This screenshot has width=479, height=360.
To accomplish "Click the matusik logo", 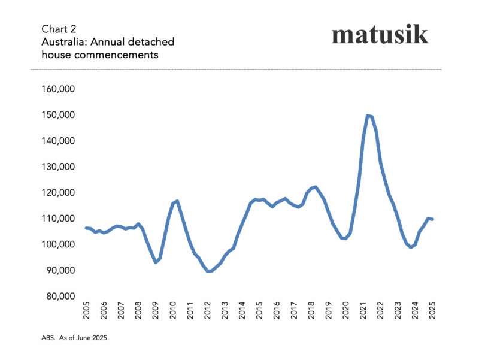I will pos(380,34).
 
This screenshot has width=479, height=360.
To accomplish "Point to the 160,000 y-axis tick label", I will pos(62,89).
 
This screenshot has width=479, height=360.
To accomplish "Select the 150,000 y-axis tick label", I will pos(62,115).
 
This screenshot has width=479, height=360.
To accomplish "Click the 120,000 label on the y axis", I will pos(62,193).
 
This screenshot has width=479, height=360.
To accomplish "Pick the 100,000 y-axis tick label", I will pos(62,244).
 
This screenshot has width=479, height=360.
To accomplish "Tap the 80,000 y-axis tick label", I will pos(64,297).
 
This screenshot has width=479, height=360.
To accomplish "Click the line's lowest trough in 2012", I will pos(209,271).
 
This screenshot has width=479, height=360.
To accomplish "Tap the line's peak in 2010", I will pos(177,201).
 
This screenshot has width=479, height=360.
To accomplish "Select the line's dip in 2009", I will pos(156,262).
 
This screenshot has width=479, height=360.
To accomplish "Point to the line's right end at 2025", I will pos(433,219).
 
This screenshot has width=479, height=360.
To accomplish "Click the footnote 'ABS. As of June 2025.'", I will pos(75,338).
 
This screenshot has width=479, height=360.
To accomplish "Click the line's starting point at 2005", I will pos(87,228).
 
